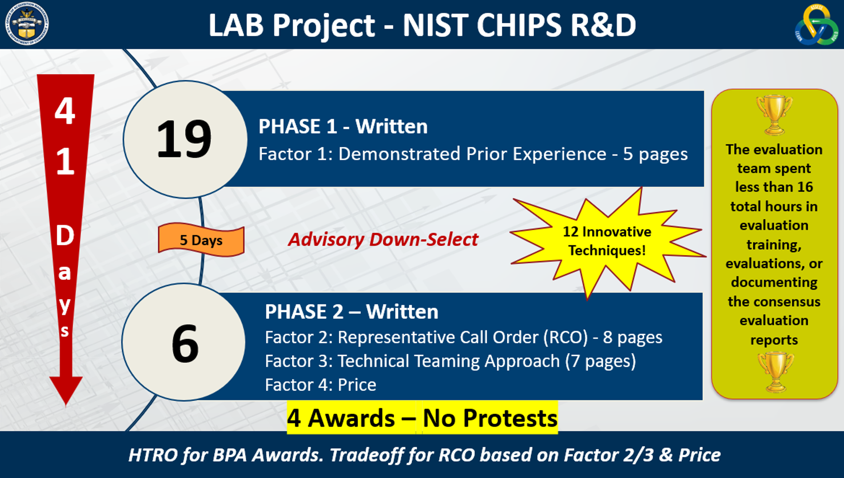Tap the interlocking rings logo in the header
[x=816, y=25]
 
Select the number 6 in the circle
[x=185, y=343]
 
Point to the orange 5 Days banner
[x=201, y=240]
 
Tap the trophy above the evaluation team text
[x=774, y=115]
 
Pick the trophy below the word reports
[x=775, y=372]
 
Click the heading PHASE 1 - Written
[x=343, y=126]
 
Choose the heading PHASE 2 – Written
[x=351, y=311]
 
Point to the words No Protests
[x=490, y=418]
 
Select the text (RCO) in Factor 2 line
[x=565, y=337]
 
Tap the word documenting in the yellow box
[x=774, y=283]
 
